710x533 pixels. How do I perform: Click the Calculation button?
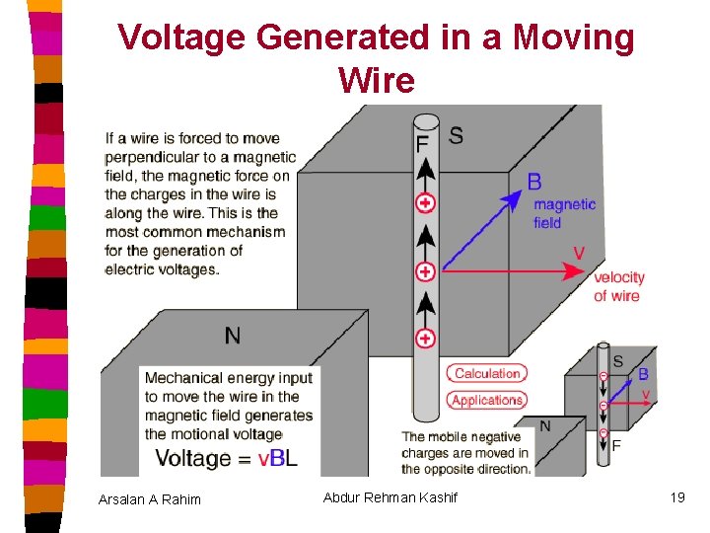(x=487, y=373)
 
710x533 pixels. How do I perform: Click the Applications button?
(x=487, y=400)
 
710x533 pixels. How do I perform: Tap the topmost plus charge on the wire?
(x=425, y=203)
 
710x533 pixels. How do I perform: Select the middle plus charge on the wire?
(x=425, y=271)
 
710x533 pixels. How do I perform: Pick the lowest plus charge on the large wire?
(x=425, y=339)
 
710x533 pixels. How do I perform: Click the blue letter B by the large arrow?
(x=534, y=182)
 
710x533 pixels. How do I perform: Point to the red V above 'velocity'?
(x=579, y=254)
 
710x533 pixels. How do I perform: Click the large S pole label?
(x=456, y=135)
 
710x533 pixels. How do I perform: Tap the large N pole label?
(x=232, y=337)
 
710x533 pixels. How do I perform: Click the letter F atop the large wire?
(x=422, y=144)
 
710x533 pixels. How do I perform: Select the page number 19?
(x=676, y=497)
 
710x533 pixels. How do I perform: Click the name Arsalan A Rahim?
(x=150, y=499)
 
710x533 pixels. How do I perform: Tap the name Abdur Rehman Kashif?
(x=390, y=497)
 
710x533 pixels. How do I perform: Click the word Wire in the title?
(x=376, y=80)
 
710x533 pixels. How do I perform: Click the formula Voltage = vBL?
(x=227, y=458)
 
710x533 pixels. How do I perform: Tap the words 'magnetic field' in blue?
(x=564, y=213)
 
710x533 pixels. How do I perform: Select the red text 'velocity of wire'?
(x=618, y=286)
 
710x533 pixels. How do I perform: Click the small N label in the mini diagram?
(x=544, y=425)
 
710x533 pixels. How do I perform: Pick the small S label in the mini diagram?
(x=618, y=361)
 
